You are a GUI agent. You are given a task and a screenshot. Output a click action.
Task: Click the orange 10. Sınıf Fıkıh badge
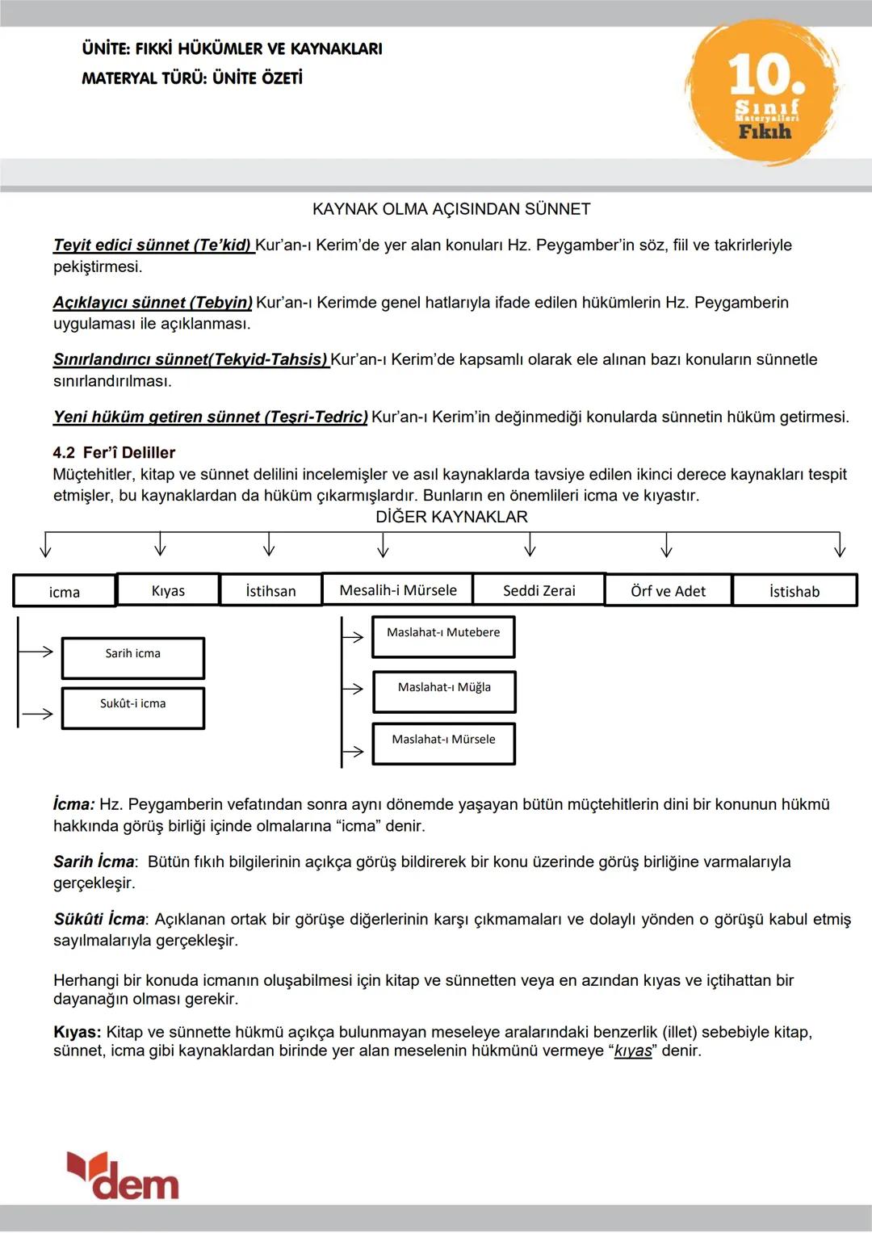point(763,92)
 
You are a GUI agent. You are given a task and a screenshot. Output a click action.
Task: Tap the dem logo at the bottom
point(123,1176)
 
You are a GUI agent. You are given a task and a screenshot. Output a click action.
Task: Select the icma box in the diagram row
point(65,591)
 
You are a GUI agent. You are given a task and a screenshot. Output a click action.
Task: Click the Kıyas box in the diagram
point(168,589)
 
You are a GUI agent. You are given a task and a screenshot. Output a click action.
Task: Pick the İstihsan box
point(270,590)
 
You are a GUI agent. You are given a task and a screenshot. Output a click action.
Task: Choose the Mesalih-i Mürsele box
point(397,589)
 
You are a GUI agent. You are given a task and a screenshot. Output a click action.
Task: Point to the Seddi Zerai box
point(539,589)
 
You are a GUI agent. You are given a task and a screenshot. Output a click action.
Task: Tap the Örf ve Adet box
point(668,590)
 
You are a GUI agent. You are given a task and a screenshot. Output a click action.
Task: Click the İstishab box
point(794,590)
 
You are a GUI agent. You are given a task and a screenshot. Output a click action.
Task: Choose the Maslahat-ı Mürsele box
point(443,743)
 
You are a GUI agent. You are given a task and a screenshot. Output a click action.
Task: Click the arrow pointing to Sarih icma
point(37,651)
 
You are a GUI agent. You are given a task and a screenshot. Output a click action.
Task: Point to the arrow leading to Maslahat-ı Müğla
point(353,688)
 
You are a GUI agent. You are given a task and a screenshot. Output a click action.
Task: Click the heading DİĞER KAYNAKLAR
point(451,517)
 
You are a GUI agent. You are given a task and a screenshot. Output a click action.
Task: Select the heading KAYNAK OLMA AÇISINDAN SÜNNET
point(451,209)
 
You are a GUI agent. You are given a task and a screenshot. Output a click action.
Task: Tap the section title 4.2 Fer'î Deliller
point(114,452)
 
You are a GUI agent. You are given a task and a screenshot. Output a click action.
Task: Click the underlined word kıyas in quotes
point(633,1051)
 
